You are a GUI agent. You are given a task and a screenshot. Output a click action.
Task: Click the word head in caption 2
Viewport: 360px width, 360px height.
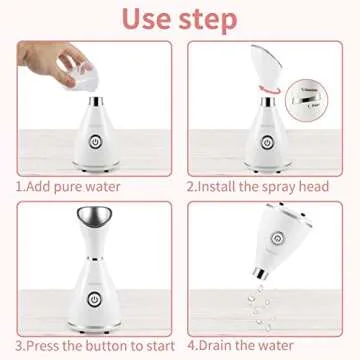click(329, 185)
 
